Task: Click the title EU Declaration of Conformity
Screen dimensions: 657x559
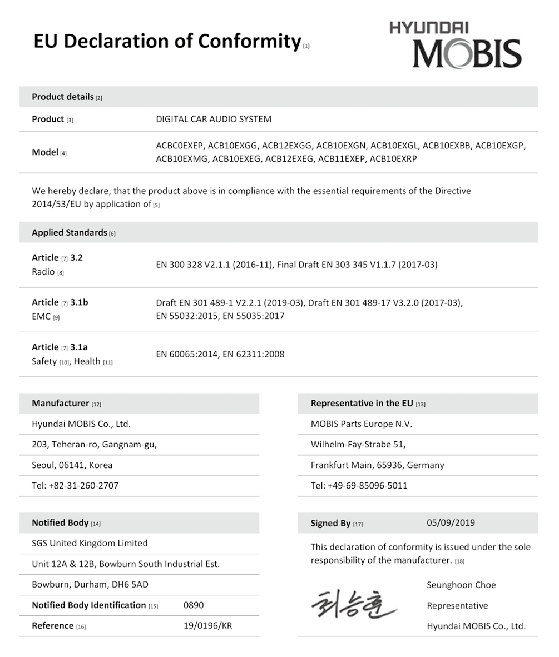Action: (x=167, y=41)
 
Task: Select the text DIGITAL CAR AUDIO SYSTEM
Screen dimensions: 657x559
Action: (x=214, y=119)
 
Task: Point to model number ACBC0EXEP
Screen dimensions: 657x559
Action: (x=180, y=146)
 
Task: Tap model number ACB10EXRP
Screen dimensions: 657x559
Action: (x=393, y=158)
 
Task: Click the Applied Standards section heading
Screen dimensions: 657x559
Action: (x=70, y=232)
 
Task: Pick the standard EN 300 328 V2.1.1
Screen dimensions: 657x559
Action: (x=214, y=265)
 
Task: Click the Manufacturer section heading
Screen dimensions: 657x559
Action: (x=61, y=403)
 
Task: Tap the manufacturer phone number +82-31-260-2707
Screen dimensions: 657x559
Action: (x=83, y=485)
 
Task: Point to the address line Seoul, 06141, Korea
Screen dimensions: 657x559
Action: (x=72, y=465)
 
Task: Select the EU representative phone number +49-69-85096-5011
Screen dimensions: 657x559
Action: (x=367, y=485)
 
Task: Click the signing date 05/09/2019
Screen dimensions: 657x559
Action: (x=451, y=522)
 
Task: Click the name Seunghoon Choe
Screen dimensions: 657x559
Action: (x=461, y=585)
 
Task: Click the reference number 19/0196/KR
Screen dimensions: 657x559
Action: (x=207, y=625)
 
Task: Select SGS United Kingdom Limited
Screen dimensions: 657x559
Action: (x=90, y=543)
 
